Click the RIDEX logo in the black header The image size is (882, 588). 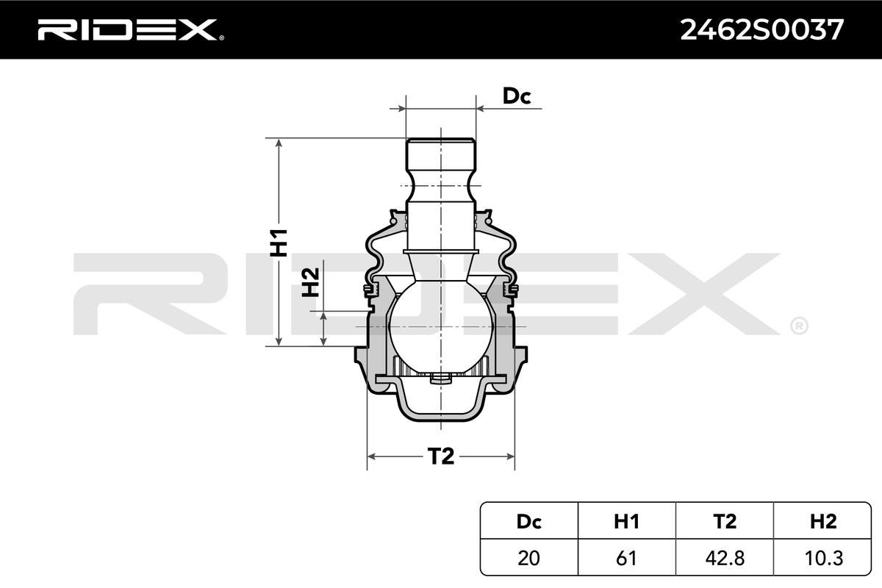[x=130, y=29]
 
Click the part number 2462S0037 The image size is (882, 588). [x=762, y=30]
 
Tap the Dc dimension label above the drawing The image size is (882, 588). [x=517, y=96]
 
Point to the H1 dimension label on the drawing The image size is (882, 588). [x=279, y=243]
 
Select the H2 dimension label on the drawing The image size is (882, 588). [x=310, y=282]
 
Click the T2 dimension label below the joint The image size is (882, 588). [x=440, y=456]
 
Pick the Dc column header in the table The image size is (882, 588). [x=528, y=521]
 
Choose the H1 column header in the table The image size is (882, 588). [x=626, y=521]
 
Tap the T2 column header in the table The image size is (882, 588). [x=725, y=521]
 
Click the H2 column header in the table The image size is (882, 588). [x=823, y=521]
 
